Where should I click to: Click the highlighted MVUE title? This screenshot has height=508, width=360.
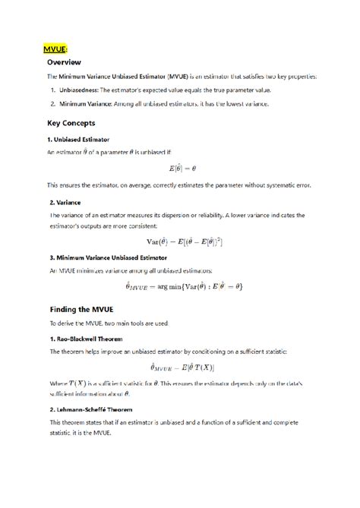pyautogui.click(x=56, y=49)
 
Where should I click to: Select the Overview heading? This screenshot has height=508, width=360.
pyautogui.click(x=64, y=62)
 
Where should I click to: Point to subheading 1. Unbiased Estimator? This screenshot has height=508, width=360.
pyautogui.click(x=78, y=140)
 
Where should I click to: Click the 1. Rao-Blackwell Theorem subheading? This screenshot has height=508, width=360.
pyautogui.click(x=86, y=339)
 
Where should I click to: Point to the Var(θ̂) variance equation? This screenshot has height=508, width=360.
pyautogui.click(x=184, y=241)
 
